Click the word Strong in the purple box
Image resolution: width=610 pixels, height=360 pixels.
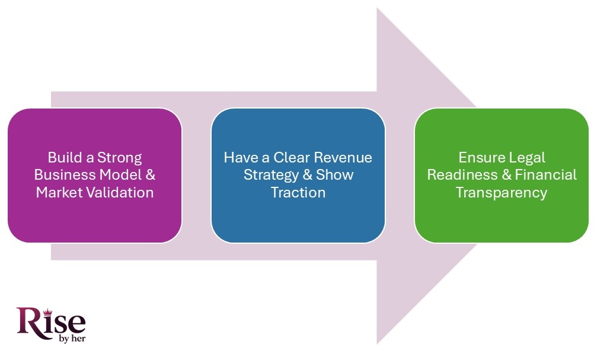pyautogui.click(x=121, y=158)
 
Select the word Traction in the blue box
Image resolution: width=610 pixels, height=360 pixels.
pyautogui.click(x=298, y=193)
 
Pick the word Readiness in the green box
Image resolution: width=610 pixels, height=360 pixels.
pyautogui.click(x=462, y=176)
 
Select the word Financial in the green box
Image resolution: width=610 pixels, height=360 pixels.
pyautogui.click(x=545, y=176)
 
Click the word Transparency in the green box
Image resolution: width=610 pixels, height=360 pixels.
pyautogui.click(x=502, y=193)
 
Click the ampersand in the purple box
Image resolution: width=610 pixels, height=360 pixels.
pyautogui.click(x=149, y=176)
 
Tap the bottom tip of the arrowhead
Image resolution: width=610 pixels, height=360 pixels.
pyautogui.click(x=378, y=342)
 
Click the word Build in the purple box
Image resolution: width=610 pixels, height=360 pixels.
pyautogui.click(x=63, y=158)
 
